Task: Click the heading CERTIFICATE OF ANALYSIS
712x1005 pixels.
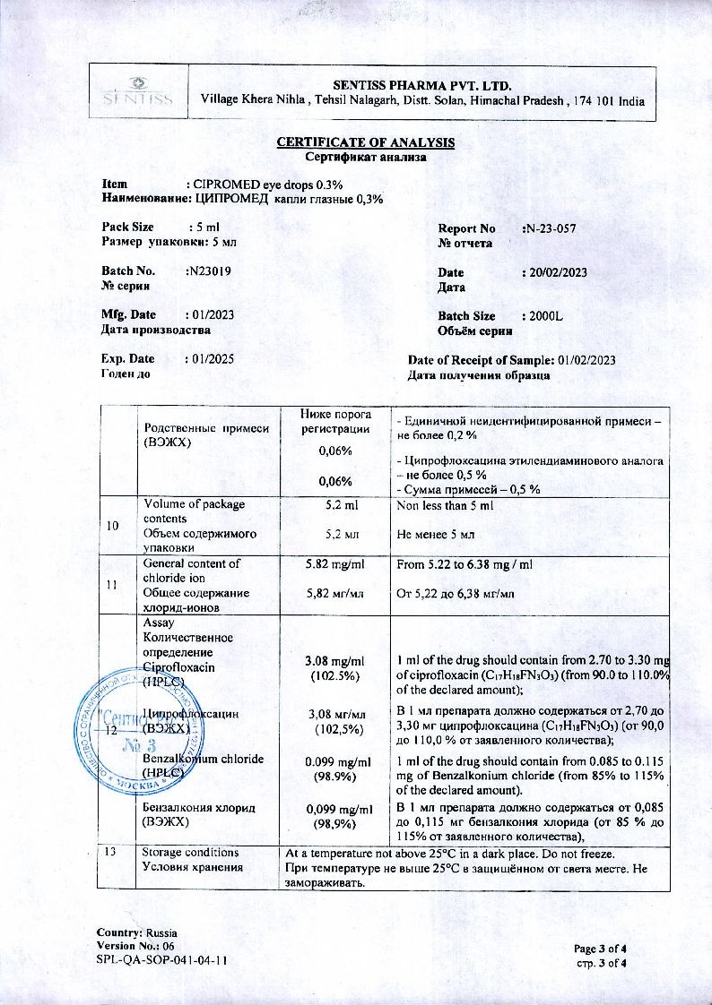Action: [x=365, y=142]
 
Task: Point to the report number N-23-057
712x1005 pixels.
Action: [x=550, y=228]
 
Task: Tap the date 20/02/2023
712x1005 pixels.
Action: [x=556, y=272]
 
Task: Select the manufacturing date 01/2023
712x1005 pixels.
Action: [x=211, y=314]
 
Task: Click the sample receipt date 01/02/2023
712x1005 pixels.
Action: [x=586, y=359]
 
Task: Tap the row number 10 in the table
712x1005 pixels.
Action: [x=112, y=526]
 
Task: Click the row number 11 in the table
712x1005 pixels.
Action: [x=112, y=585]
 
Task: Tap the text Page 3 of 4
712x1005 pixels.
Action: [x=600, y=948]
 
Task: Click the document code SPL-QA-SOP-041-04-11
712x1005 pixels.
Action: [x=161, y=960]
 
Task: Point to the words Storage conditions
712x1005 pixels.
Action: [x=191, y=853]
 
